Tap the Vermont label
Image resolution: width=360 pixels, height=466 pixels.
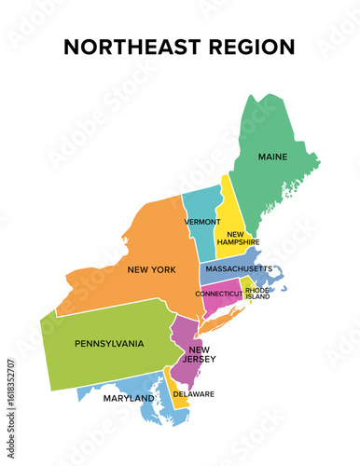pos(202,222)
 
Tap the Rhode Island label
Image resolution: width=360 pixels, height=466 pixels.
pos(257,294)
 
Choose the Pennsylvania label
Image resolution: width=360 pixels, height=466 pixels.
pos(109,344)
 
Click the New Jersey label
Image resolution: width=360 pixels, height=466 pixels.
pos(189,355)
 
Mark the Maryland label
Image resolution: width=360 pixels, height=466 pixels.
pos(130,398)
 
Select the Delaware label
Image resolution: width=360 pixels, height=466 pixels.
pos(195,393)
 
